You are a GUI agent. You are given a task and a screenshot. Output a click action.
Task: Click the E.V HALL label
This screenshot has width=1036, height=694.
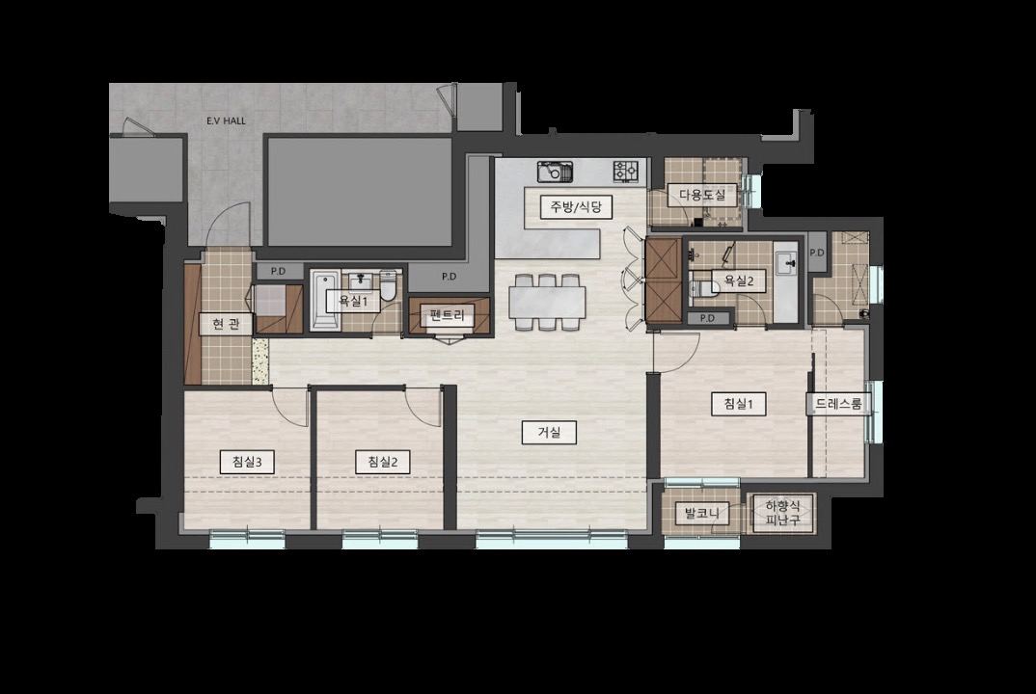(226, 120)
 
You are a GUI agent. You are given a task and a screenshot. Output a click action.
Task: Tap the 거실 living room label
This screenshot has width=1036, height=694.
(549, 433)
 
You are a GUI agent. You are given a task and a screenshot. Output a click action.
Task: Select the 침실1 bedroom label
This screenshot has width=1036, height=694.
(739, 404)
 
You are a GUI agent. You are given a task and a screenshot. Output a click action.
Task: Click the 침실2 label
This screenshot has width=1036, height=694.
(383, 462)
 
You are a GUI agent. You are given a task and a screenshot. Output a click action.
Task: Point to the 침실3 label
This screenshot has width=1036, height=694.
(247, 462)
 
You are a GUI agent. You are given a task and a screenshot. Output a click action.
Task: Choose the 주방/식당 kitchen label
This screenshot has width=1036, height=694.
(572, 206)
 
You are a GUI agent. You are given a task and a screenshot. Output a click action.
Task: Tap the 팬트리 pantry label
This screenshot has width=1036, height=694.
(448, 315)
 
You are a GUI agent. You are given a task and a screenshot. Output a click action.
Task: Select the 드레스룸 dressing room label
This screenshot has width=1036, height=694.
(838, 404)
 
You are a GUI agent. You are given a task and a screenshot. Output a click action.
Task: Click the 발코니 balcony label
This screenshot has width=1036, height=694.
(701, 513)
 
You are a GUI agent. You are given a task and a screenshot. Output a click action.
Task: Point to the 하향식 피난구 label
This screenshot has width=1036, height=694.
(783, 513)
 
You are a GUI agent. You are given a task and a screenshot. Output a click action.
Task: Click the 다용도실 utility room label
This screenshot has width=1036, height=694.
(702, 194)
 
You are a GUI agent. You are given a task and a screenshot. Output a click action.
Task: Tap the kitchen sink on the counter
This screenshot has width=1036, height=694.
(555, 172)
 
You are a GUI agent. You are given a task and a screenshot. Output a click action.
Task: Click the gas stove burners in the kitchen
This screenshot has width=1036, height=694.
(626, 171)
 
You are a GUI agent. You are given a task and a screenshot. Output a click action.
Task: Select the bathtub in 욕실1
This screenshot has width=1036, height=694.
(324, 301)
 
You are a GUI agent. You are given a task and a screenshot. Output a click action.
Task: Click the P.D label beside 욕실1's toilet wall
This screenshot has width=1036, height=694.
(449, 277)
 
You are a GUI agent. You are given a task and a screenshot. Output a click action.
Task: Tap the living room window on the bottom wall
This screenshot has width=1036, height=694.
(552, 540)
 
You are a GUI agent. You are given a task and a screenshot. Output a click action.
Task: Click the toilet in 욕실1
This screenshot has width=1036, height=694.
(388, 284)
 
